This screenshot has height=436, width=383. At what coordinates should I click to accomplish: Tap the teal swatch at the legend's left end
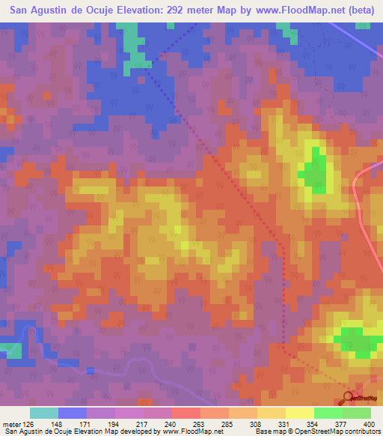[x=43, y=413]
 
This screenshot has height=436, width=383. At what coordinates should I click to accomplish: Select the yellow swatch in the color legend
[x=299, y=413]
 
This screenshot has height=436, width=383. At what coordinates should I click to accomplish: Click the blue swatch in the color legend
[x=72, y=413]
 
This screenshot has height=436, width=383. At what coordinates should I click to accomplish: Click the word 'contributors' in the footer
[x=361, y=432]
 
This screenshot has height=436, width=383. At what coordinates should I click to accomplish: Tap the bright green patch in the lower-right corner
[x=358, y=341]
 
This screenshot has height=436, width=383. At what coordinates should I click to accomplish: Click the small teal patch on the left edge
[x=9, y=349]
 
